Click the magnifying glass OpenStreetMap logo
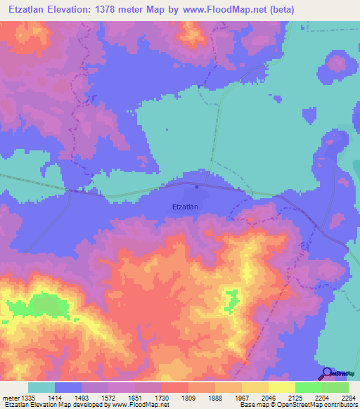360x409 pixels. pyautogui.click(x=327, y=373)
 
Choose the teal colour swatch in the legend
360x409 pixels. pyautogui.click(x=41, y=387)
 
